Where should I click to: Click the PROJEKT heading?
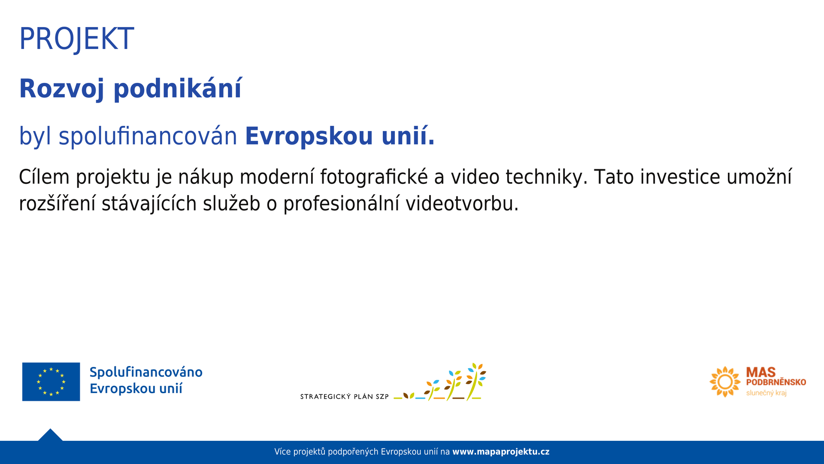click(77, 39)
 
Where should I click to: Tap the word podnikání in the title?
click(178, 89)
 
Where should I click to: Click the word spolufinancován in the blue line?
click(148, 136)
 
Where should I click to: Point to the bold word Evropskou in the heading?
click(309, 136)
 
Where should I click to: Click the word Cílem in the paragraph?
click(44, 177)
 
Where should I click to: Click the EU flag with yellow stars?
click(51, 382)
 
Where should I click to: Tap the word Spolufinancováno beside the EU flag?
click(146, 372)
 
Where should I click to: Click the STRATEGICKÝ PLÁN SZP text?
click(344, 397)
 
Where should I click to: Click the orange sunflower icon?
click(725, 382)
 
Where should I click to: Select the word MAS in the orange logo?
click(761, 372)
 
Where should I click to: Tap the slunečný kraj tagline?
click(766, 393)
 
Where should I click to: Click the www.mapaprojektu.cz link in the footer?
click(501, 452)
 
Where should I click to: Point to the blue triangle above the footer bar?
click(50, 436)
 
